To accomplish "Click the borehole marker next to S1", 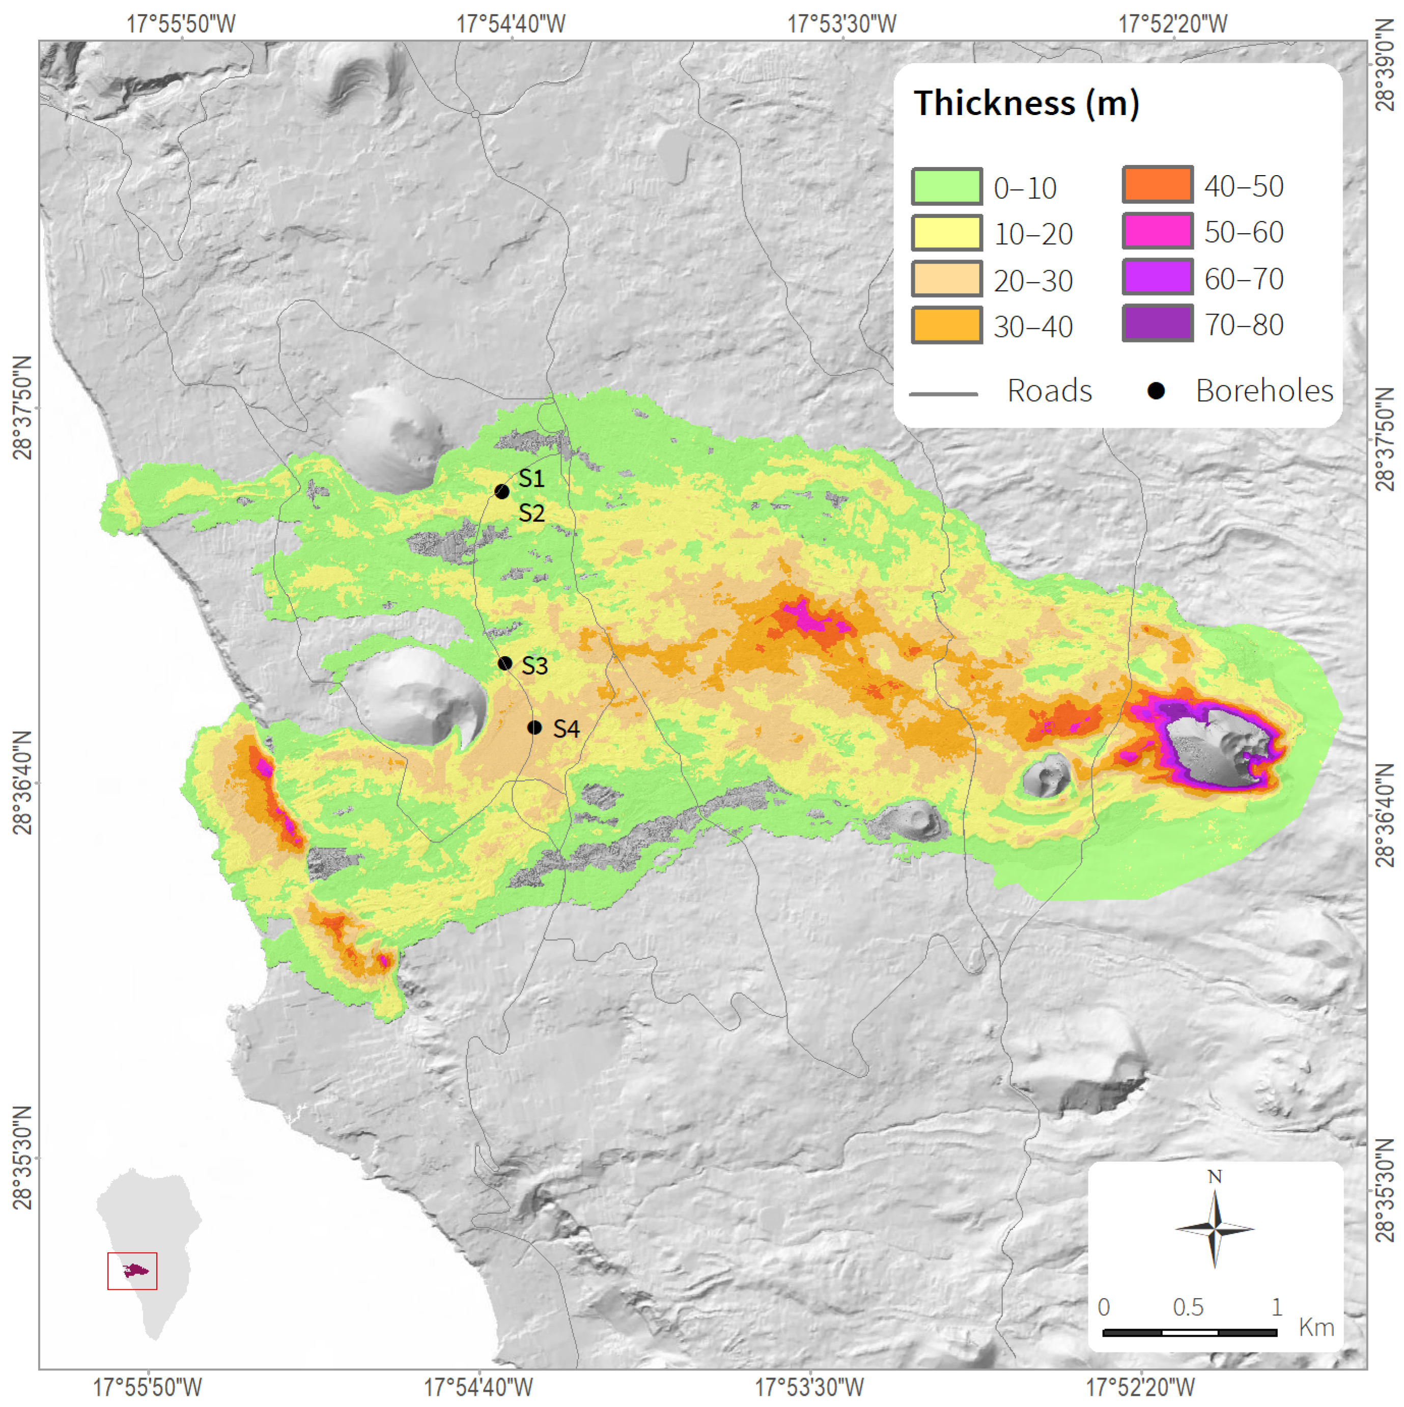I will (502, 492).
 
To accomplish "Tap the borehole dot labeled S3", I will (504, 663).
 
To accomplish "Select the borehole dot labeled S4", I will (535, 727).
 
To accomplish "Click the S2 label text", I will (531, 514).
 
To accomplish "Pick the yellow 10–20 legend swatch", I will (946, 233).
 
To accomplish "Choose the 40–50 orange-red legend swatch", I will (1157, 185).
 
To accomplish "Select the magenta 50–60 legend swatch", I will (1157, 232).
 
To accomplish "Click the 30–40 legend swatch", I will (946, 325).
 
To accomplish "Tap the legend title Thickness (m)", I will (1026, 103).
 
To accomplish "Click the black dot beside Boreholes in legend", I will (1155, 391).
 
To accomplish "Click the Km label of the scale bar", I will (1316, 1327).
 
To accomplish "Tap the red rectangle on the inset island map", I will (132, 1271).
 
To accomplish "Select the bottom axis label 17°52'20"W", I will (1140, 1387).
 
